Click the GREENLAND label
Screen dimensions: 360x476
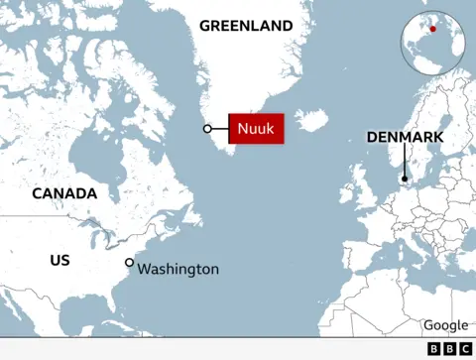click(246, 26)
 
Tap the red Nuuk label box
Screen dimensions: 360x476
click(257, 129)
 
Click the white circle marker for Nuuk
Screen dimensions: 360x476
click(207, 129)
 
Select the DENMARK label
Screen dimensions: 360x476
click(405, 137)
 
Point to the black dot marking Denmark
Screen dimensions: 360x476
click(405, 180)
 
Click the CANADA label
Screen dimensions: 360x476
click(64, 193)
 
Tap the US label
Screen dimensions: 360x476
click(59, 260)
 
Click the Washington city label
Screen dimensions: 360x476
click(178, 269)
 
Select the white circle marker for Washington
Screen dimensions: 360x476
click(129, 262)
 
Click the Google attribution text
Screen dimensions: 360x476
click(445, 325)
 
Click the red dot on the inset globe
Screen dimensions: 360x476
click(432, 29)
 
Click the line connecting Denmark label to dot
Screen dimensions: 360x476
click(405, 162)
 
